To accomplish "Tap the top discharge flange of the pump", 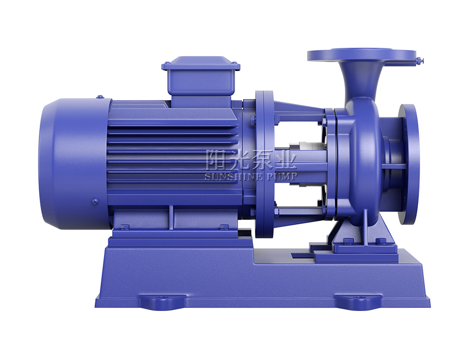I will (362, 56).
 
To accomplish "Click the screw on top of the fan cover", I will (99, 96).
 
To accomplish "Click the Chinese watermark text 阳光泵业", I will (251, 160).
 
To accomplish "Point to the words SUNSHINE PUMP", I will (251, 176).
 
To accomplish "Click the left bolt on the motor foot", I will (125, 227).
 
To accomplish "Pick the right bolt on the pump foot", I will (381, 240).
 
